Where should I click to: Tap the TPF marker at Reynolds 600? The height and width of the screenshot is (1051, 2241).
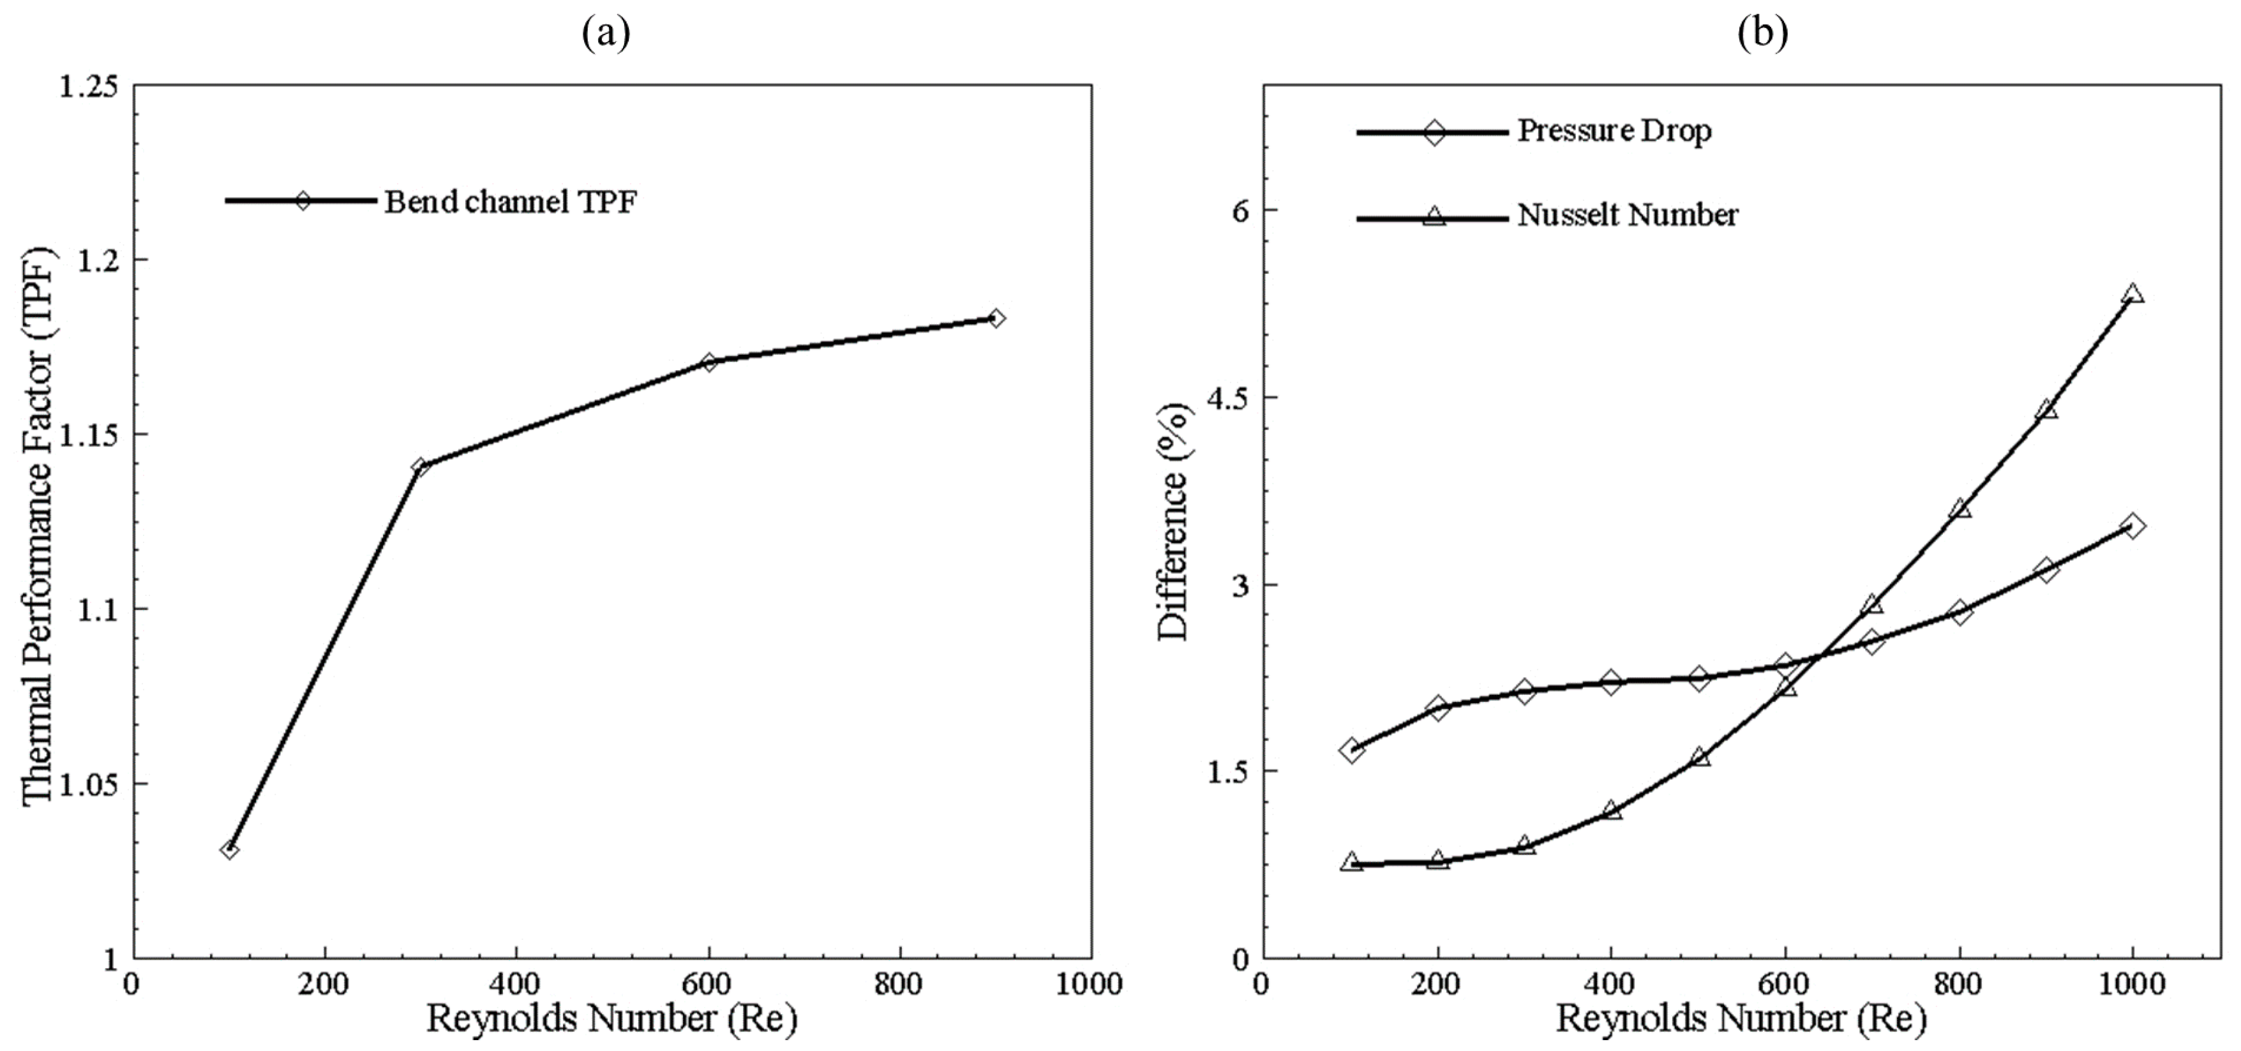click(x=709, y=361)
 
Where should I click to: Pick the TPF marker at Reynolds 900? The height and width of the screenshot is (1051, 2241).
click(x=996, y=318)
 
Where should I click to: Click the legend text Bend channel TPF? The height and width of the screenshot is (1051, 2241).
click(x=511, y=202)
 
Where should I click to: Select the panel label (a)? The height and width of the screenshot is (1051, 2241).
click(x=606, y=33)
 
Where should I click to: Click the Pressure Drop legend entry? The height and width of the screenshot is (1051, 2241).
click(x=1614, y=131)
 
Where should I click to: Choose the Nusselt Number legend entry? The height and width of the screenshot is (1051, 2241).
click(x=1627, y=215)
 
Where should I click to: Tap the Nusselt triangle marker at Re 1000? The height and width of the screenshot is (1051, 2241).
click(x=2132, y=294)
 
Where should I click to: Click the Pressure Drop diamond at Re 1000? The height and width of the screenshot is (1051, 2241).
click(x=2132, y=526)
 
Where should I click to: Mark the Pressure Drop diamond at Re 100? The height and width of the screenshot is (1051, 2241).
click(x=1351, y=750)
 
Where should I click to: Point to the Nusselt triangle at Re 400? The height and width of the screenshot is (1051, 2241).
click(x=1611, y=810)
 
